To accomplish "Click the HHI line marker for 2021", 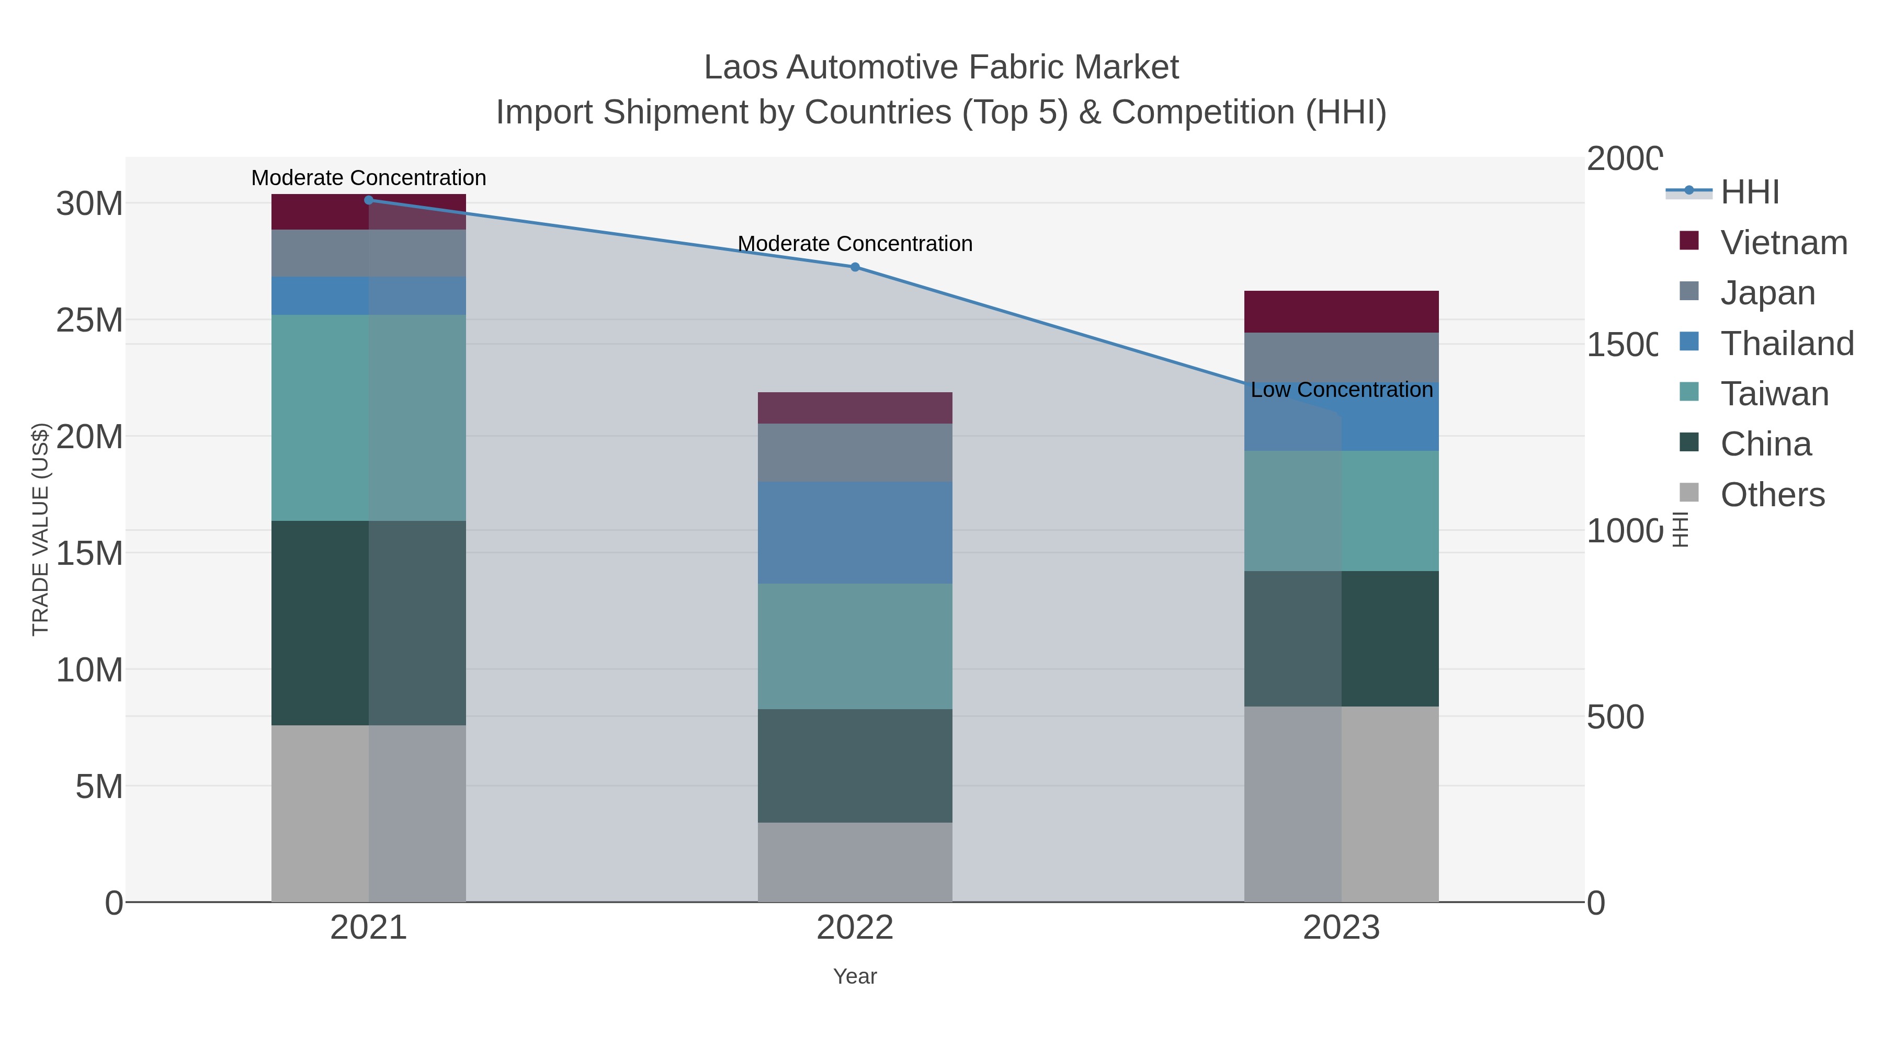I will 368,200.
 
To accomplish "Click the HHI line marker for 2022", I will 855,267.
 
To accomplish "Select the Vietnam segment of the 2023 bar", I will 1341,312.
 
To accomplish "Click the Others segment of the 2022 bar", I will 855,862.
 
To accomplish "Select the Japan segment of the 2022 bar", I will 855,452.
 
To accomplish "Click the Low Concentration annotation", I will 1341,390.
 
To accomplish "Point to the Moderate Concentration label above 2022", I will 855,243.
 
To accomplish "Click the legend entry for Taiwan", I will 1774,394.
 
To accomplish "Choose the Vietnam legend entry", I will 1784,243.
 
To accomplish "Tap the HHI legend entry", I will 1749,192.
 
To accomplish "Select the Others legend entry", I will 1772,495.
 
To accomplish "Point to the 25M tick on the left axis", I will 89,320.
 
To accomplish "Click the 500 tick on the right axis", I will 1615,717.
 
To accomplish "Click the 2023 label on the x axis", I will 1341,928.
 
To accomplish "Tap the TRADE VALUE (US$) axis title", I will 40,529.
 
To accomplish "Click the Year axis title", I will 855,976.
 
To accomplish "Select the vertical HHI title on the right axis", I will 1681,529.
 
